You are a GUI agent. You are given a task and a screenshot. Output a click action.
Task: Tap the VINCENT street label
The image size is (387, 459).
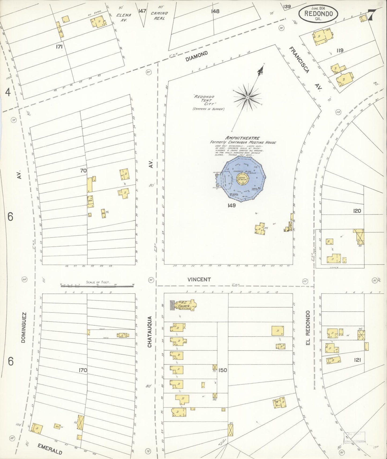point(199,279)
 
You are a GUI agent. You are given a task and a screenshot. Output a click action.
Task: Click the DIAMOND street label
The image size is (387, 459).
point(197,57)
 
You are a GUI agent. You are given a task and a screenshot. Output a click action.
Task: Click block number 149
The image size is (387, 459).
point(231,205)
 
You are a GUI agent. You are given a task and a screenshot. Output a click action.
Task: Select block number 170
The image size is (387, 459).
point(83,370)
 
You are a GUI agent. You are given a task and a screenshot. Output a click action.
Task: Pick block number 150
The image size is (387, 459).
point(223,370)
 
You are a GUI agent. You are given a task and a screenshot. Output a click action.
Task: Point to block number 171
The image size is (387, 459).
point(59,47)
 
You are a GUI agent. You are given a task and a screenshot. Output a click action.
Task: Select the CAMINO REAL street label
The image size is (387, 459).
point(159,16)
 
